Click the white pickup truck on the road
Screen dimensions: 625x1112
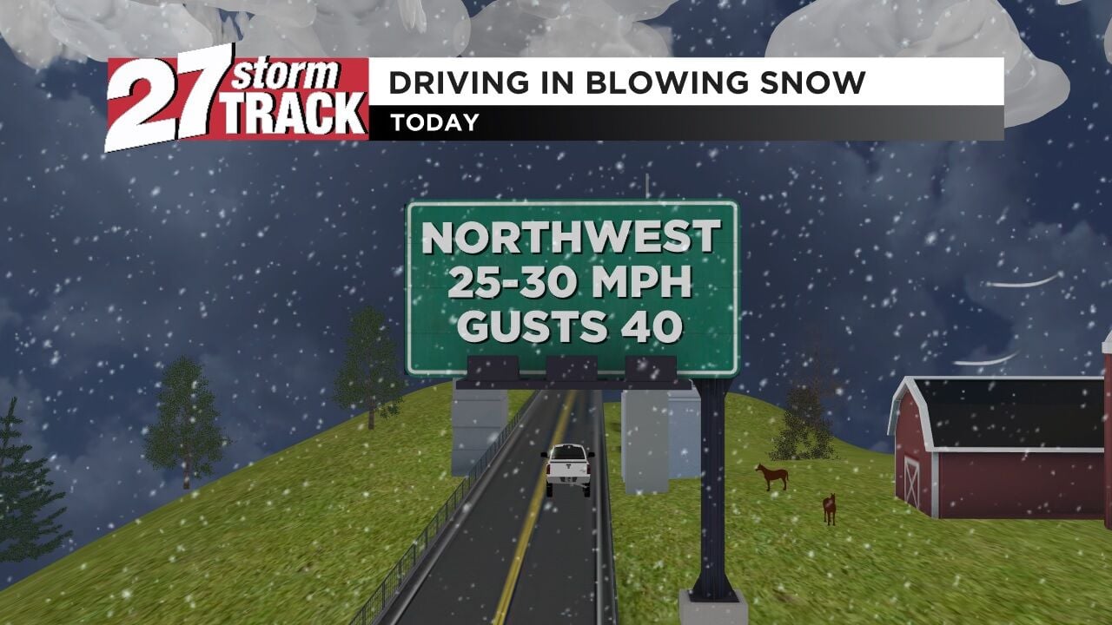569,468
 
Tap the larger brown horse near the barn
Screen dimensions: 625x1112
771,475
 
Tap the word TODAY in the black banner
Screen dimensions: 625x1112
434,123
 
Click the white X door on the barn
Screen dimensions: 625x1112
911,484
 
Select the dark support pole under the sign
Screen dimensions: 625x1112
713,486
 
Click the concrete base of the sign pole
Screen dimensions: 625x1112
713,608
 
